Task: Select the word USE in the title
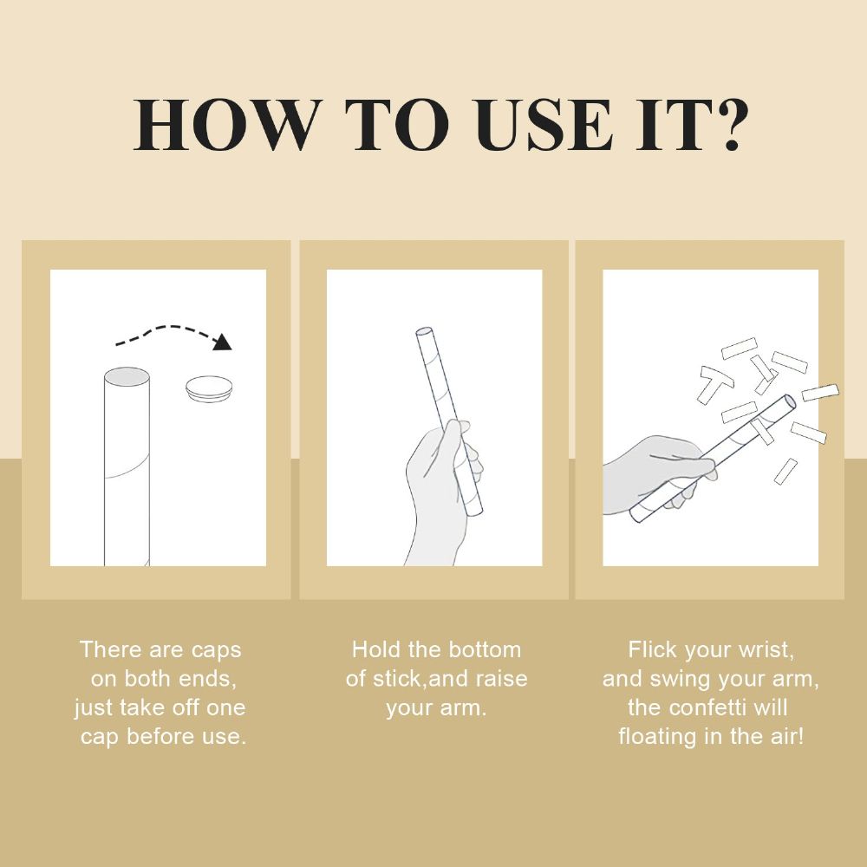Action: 544,125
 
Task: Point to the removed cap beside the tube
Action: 209,388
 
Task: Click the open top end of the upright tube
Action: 127,377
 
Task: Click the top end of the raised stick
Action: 424,333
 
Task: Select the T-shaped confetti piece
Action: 714,382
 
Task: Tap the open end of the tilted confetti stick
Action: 790,401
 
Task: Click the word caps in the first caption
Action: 216,650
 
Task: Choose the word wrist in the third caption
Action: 767,650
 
